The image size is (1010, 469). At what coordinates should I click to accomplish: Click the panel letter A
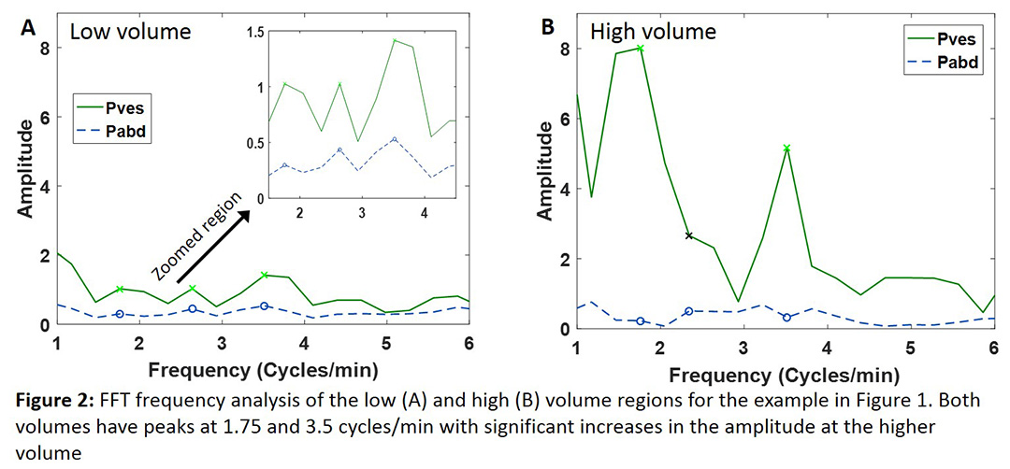click(x=29, y=29)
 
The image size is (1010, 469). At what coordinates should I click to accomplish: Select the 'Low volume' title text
click(x=131, y=31)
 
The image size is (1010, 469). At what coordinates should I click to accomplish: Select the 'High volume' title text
click(x=653, y=31)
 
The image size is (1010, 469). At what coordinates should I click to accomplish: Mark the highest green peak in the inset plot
click(x=395, y=41)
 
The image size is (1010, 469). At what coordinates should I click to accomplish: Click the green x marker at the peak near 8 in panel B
click(x=641, y=48)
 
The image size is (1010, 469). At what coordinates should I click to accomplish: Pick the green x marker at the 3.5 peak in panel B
click(x=786, y=148)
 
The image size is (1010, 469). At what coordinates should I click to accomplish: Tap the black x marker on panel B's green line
click(x=689, y=235)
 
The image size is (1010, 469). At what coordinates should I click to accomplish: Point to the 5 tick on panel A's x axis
click(x=386, y=342)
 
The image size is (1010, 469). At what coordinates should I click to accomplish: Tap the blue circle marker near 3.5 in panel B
click(x=786, y=318)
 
